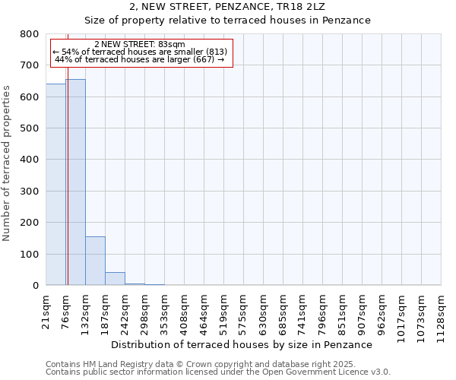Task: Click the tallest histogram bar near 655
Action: (x=75, y=182)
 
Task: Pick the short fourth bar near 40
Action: (x=115, y=278)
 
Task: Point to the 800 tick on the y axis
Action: (x=30, y=34)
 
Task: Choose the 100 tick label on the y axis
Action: (x=30, y=255)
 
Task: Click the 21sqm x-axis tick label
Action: (x=46, y=310)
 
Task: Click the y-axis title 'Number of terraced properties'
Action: (x=7, y=163)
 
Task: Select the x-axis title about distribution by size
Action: (x=241, y=345)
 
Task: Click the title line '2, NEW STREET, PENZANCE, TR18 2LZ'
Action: (x=227, y=7)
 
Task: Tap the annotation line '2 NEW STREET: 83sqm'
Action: (x=140, y=45)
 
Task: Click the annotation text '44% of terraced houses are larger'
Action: (x=140, y=59)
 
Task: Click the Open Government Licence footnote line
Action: (x=217, y=372)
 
